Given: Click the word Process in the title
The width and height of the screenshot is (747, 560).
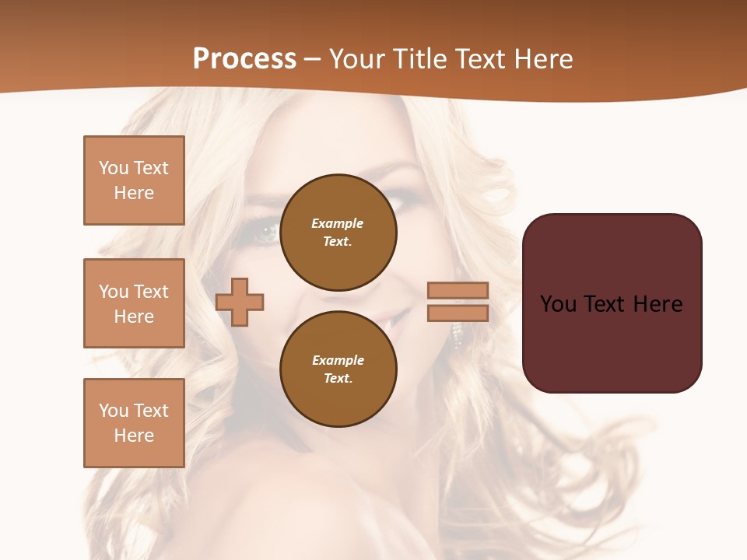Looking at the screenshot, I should click(x=244, y=59).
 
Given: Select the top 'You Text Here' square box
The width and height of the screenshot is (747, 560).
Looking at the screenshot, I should click(x=134, y=180).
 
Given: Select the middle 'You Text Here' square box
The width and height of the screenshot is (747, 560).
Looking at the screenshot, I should click(x=134, y=303).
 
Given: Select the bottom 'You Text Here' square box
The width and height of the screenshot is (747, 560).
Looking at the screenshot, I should click(x=134, y=423).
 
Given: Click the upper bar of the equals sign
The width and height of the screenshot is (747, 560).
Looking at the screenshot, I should click(x=458, y=290).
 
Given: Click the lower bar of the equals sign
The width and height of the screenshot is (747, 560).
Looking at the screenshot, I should click(x=458, y=313).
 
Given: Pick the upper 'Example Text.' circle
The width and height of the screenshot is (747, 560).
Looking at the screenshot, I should click(x=338, y=233).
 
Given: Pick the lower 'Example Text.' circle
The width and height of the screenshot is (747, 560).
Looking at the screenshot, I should click(x=338, y=369).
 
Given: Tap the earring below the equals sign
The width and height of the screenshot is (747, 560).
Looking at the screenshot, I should click(x=458, y=334).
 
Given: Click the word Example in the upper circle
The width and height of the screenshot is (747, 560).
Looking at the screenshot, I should click(x=337, y=223).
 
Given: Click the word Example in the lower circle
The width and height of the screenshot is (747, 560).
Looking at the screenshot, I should click(x=338, y=360).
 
